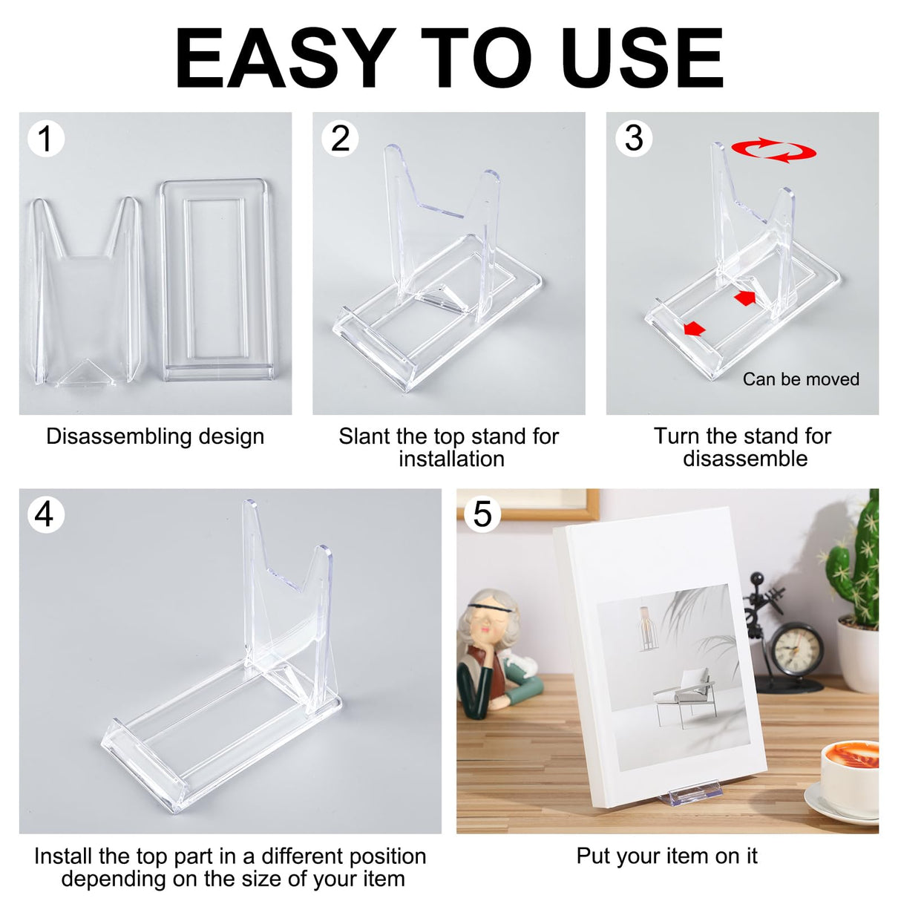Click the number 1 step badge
45,139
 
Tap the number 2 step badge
340,139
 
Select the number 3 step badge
634,139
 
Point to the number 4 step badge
45,514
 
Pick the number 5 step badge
482,514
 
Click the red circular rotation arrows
773,150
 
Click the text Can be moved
801,379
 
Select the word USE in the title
642,59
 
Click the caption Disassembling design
155,436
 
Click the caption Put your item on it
666,856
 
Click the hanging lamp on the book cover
649,626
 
